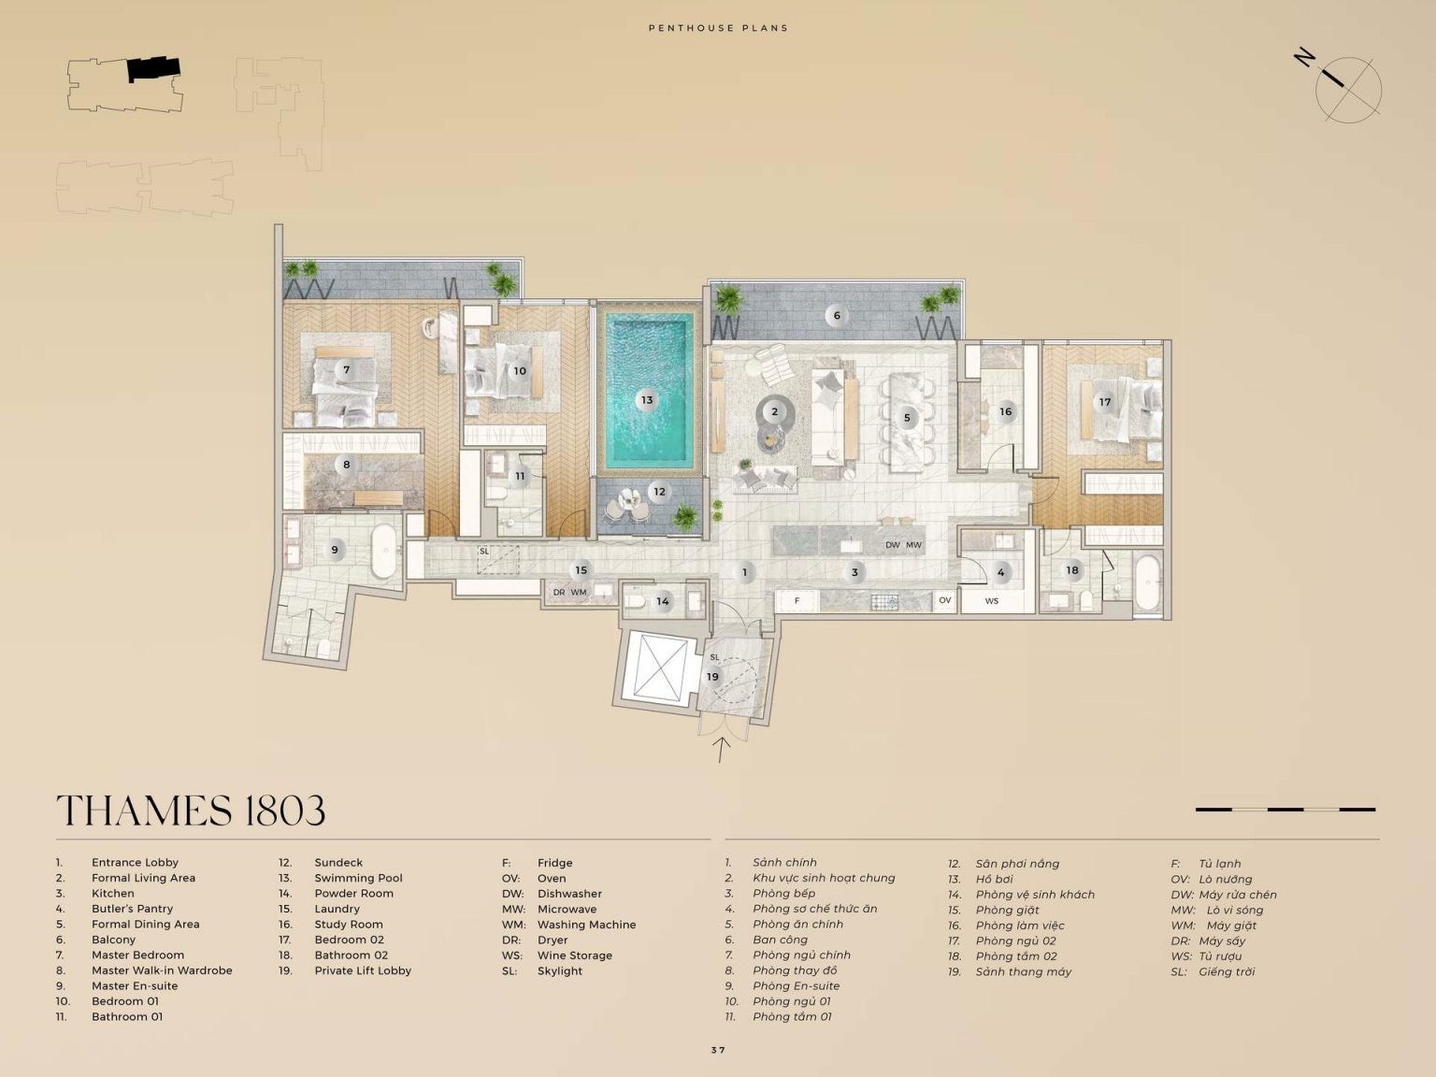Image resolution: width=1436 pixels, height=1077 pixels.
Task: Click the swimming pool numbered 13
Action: [x=648, y=390]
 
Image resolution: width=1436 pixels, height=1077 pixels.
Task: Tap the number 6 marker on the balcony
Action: [x=836, y=316]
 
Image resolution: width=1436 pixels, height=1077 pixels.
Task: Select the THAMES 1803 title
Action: [x=191, y=811]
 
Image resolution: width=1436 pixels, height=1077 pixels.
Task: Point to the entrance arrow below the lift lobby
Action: [x=721, y=750]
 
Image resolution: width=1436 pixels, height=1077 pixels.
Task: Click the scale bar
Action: [x=1285, y=810]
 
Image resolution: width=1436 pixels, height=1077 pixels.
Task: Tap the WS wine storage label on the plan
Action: [x=991, y=601]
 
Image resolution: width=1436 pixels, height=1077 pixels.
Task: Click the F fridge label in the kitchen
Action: [x=797, y=600]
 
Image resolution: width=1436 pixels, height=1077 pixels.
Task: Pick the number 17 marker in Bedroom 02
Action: [x=1105, y=402]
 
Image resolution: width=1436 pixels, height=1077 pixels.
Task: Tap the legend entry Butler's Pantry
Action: [x=132, y=909]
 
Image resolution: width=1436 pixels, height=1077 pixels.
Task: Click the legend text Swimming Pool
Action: [x=358, y=878]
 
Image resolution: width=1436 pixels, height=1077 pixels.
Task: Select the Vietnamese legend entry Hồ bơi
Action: [x=995, y=879]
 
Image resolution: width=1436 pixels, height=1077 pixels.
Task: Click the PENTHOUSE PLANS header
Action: [x=718, y=28]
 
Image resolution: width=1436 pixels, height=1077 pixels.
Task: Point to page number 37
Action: [x=718, y=1050]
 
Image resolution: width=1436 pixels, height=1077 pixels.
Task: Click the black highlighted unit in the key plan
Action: [x=153, y=68]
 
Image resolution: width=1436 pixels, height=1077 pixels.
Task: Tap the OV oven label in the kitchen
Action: [x=944, y=599]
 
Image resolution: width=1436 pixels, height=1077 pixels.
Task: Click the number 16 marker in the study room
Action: [x=1006, y=411]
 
